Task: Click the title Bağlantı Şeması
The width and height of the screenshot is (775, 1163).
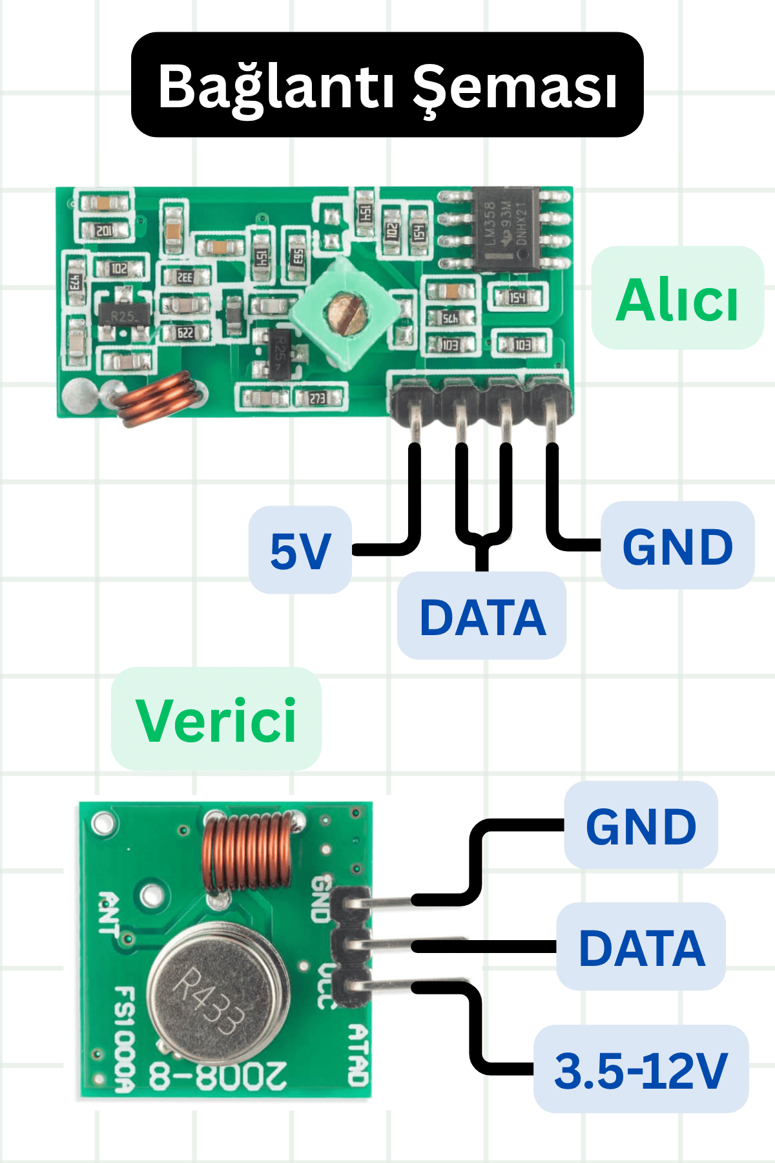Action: coord(387,85)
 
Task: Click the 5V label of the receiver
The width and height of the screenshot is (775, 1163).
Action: coord(300,550)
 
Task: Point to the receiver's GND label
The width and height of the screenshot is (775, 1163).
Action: coord(677,546)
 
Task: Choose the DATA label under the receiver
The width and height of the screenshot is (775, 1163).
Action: coord(482,616)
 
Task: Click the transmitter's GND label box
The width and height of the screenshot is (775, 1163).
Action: coord(641,826)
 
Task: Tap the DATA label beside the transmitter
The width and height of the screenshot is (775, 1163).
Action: coord(641,947)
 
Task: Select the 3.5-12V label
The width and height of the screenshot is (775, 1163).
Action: coord(641,1069)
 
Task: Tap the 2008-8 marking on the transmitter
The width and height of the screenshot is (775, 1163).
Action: coord(218,1076)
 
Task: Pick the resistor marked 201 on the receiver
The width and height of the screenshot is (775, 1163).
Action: coord(103,231)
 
